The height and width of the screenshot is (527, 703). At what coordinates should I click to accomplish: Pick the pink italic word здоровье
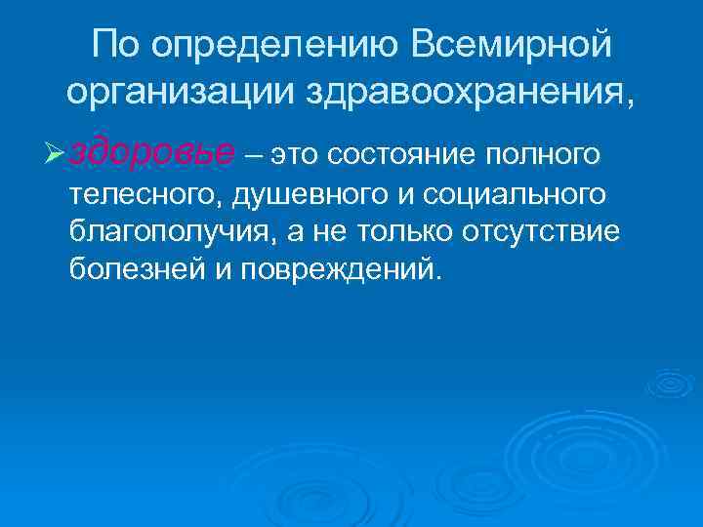click(153, 153)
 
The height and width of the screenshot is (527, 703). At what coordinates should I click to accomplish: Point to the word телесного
click(144, 195)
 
